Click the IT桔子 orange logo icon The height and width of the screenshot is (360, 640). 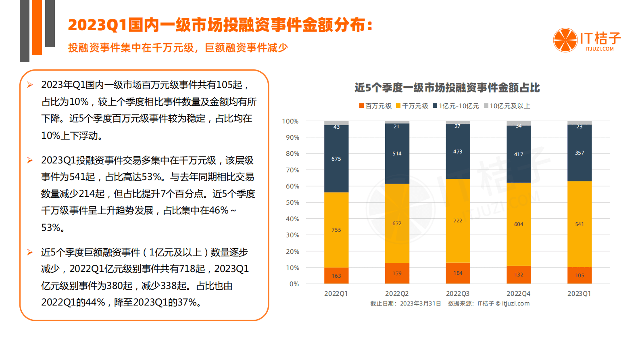(565, 40)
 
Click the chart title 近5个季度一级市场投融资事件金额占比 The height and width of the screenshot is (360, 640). (447, 88)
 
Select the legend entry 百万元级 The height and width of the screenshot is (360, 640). (375, 106)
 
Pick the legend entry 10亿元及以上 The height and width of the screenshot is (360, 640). (507, 106)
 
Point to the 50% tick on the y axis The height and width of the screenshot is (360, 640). (292, 203)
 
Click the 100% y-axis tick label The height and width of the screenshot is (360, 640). (290, 121)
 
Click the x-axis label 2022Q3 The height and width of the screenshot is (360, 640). (458, 293)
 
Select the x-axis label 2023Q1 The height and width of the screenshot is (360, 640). (579, 293)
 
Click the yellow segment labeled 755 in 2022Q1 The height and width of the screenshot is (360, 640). (336, 230)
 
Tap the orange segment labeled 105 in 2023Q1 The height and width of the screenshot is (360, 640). (580, 275)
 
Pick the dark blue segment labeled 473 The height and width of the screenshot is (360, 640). (458, 151)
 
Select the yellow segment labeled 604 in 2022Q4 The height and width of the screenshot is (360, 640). (519, 224)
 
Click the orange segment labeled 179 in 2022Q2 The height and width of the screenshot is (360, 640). (397, 273)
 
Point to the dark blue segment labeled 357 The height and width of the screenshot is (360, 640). (580, 153)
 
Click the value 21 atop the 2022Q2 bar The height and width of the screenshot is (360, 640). (397, 127)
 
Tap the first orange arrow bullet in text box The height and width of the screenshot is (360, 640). (30, 85)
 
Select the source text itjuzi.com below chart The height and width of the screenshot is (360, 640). (515, 303)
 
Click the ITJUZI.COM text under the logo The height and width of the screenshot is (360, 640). (600, 49)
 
